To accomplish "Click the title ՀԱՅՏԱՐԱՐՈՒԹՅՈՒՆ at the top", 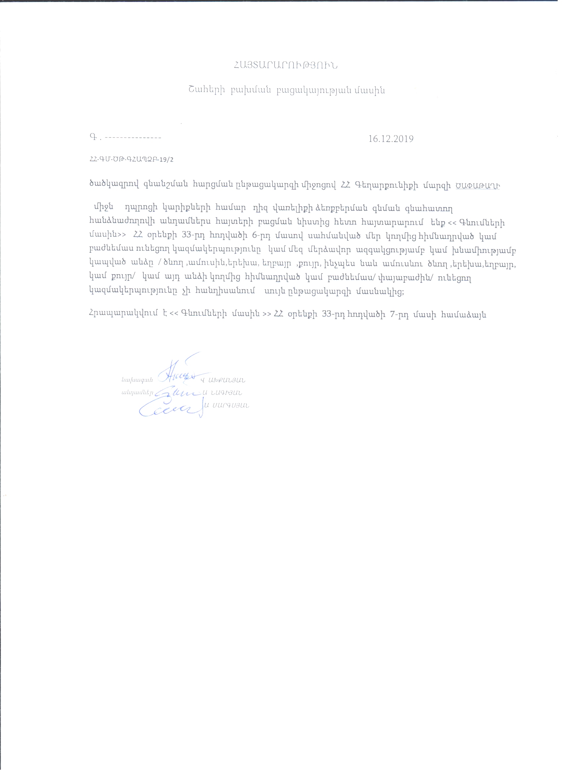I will (x=285, y=66).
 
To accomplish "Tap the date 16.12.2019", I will (x=391, y=139).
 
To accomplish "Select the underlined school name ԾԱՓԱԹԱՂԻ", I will (x=478, y=186).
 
